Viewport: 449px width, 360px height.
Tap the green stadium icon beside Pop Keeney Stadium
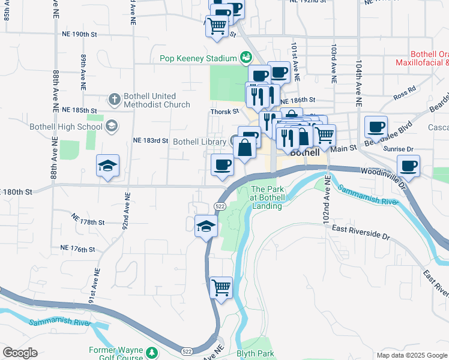(x=245, y=58)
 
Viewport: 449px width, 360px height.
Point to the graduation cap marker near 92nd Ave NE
(x=107, y=166)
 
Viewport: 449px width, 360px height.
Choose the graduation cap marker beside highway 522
(x=206, y=226)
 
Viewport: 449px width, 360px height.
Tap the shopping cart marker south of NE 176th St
(x=221, y=288)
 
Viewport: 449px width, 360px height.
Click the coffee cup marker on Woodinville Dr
(x=408, y=166)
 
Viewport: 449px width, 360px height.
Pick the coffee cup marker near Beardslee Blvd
(x=376, y=127)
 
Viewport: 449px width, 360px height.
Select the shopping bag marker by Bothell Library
(x=245, y=148)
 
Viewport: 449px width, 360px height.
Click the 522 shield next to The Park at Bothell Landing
(x=220, y=206)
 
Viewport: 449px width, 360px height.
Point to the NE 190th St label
(x=79, y=34)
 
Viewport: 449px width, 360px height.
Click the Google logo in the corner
(x=20, y=353)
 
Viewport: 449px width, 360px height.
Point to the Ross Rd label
(x=405, y=92)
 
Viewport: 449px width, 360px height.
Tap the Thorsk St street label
(x=224, y=111)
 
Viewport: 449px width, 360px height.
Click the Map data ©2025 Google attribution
(x=411, y=355)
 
